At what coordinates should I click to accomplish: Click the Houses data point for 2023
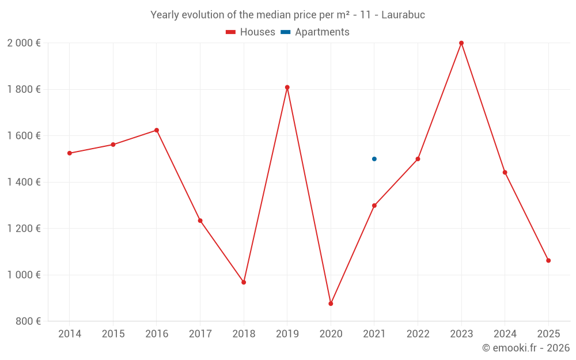pos(461,43)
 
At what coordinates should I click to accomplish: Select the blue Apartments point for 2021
pos(374,159)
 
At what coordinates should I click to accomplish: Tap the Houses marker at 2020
pos(331,304)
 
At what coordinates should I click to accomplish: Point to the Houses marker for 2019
pos(287,88)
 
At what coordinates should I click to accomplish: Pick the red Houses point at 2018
pos(244,282)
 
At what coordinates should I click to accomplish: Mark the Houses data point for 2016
pos(157,130)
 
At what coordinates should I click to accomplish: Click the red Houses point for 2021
pos(374,206)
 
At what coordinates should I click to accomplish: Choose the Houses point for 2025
pos(548,260)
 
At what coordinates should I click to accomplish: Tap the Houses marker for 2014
pos(70,153)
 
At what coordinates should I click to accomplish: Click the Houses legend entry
pos(251,32)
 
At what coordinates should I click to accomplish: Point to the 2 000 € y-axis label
pos(24,43)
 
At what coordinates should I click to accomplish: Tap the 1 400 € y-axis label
pos(24,182)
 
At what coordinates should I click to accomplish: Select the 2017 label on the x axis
pos(200,334)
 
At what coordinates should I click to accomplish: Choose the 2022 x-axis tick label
pos(418,334)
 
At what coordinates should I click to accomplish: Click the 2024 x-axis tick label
pos(505,334)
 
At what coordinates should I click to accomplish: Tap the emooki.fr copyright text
pos(525,348)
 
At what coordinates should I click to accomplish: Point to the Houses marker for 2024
pos(505,172)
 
